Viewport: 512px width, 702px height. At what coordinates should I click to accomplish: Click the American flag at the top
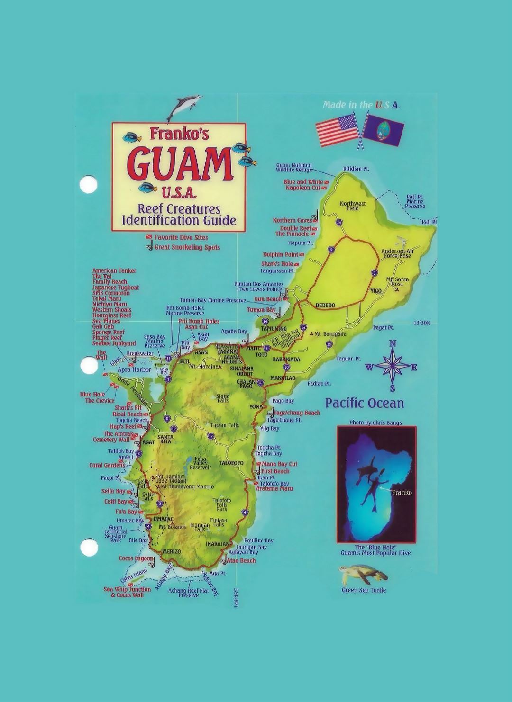[x=337, y=131]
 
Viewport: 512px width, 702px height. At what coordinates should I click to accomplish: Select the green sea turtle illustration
[x=363, y=575]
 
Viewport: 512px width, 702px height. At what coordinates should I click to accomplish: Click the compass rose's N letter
[x=393, y=344]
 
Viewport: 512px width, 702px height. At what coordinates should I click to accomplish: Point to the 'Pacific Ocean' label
[x=364, y=403]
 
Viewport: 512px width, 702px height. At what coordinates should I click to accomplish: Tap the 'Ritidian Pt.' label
[x=356, y=169]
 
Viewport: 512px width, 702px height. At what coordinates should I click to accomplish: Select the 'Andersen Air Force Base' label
[x=397, y=253]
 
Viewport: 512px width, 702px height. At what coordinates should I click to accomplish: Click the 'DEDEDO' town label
[x=325, y=305]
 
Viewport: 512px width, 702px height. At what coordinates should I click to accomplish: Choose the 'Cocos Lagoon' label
[x=136, y=558]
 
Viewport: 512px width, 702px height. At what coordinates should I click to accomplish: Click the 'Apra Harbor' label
[x=134, y=369]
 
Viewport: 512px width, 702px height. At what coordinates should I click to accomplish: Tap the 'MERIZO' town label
[x=172, y=552]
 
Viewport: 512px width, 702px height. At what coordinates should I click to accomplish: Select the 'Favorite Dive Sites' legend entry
[x=181, y=237]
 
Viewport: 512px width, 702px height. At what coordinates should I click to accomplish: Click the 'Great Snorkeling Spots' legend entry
[x=187, y=247]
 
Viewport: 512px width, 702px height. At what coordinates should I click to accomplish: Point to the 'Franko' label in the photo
[x=402, y=492]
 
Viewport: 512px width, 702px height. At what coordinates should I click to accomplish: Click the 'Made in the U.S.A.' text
[x=361, y=105]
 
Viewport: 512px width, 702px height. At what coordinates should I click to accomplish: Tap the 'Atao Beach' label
[x=241, y=561]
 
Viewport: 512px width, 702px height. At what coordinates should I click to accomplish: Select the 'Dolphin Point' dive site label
[x=280, y=254]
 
